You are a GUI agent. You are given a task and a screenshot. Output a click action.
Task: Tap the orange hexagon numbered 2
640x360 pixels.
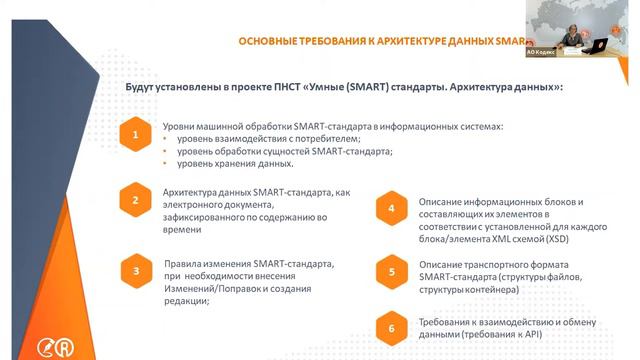[x=134, y=201]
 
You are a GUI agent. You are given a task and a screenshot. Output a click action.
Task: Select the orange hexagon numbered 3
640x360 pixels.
[x=134, y=271]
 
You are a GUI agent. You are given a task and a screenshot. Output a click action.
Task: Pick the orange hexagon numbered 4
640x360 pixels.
[x=392, y=209]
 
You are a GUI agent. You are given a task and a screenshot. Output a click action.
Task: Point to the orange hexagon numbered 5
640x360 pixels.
[x=392, y=270]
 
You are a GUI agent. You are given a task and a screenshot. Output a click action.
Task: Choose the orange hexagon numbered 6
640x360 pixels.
[x=392, y=327]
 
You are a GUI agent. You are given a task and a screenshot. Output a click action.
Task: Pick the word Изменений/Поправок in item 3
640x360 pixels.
[x=213, y=288]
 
